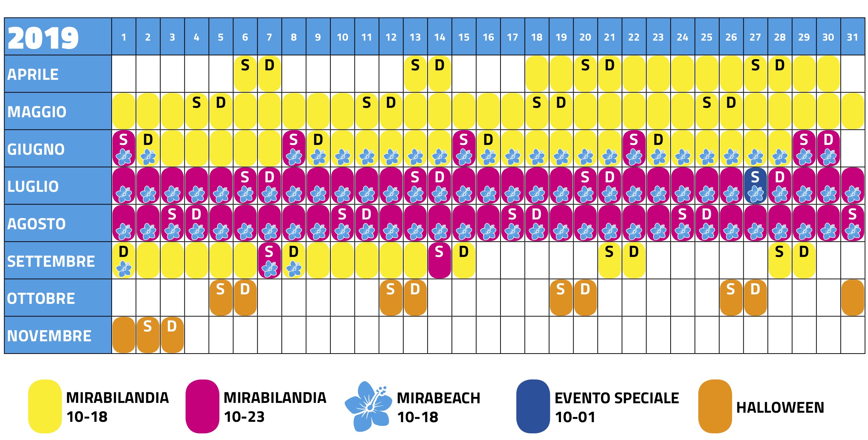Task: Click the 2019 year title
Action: (43, 38)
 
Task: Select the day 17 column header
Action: (512, 37)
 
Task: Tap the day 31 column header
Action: (853, 37)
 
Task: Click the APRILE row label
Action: (33, 75)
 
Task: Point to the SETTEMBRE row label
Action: (51, 261)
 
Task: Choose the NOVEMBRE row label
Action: (49, 336)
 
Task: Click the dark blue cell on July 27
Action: (755, 186)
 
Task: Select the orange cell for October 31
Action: (853, 298)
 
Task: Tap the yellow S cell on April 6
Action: (245, 74)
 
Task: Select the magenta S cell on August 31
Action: (853, 223)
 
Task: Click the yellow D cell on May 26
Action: (731, 111)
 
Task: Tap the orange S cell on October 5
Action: (220, 298)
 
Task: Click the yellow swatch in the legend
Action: (45, 406)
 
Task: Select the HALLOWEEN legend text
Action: (780, 407)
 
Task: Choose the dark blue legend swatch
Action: (533, 406)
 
